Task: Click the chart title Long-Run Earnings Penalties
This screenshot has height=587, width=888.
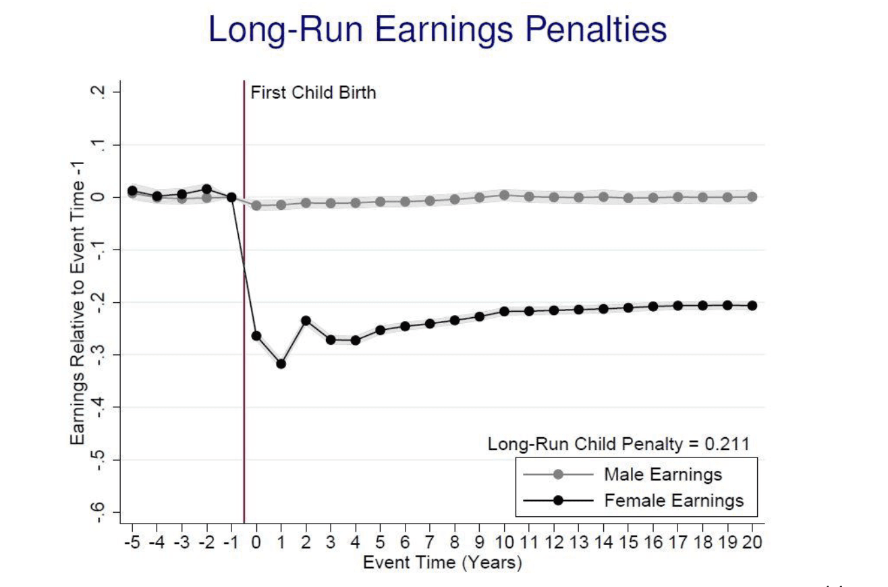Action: tap(438, 29)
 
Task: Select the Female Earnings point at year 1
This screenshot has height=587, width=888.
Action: tap(281, 364)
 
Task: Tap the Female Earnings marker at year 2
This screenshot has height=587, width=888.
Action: tap(306, 320)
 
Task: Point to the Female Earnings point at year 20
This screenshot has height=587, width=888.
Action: tap(752, 305)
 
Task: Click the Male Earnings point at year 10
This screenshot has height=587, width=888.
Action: tap(504, 195)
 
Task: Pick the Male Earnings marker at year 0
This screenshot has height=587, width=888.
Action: tap(256, 205)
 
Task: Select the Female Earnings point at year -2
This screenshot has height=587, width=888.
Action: tap(206, 189)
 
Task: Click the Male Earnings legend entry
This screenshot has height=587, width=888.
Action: tap(623, 474)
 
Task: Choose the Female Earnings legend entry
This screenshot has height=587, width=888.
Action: tap(634, 501)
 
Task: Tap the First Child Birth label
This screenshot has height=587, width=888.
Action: tap(313, 92)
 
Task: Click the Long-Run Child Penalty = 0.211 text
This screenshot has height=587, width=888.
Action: tap(618, 444)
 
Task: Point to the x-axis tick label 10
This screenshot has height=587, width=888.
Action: tap(504, 542)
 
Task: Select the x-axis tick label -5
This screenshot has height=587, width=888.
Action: tap(132, 542)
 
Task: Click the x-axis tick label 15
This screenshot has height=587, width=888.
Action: tap(628, 542)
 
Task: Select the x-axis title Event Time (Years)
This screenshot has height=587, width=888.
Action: tap(443, 563)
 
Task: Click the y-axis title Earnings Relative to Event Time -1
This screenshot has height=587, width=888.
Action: tap(78, 303)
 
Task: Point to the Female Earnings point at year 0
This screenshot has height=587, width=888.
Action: tap(256, 336)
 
